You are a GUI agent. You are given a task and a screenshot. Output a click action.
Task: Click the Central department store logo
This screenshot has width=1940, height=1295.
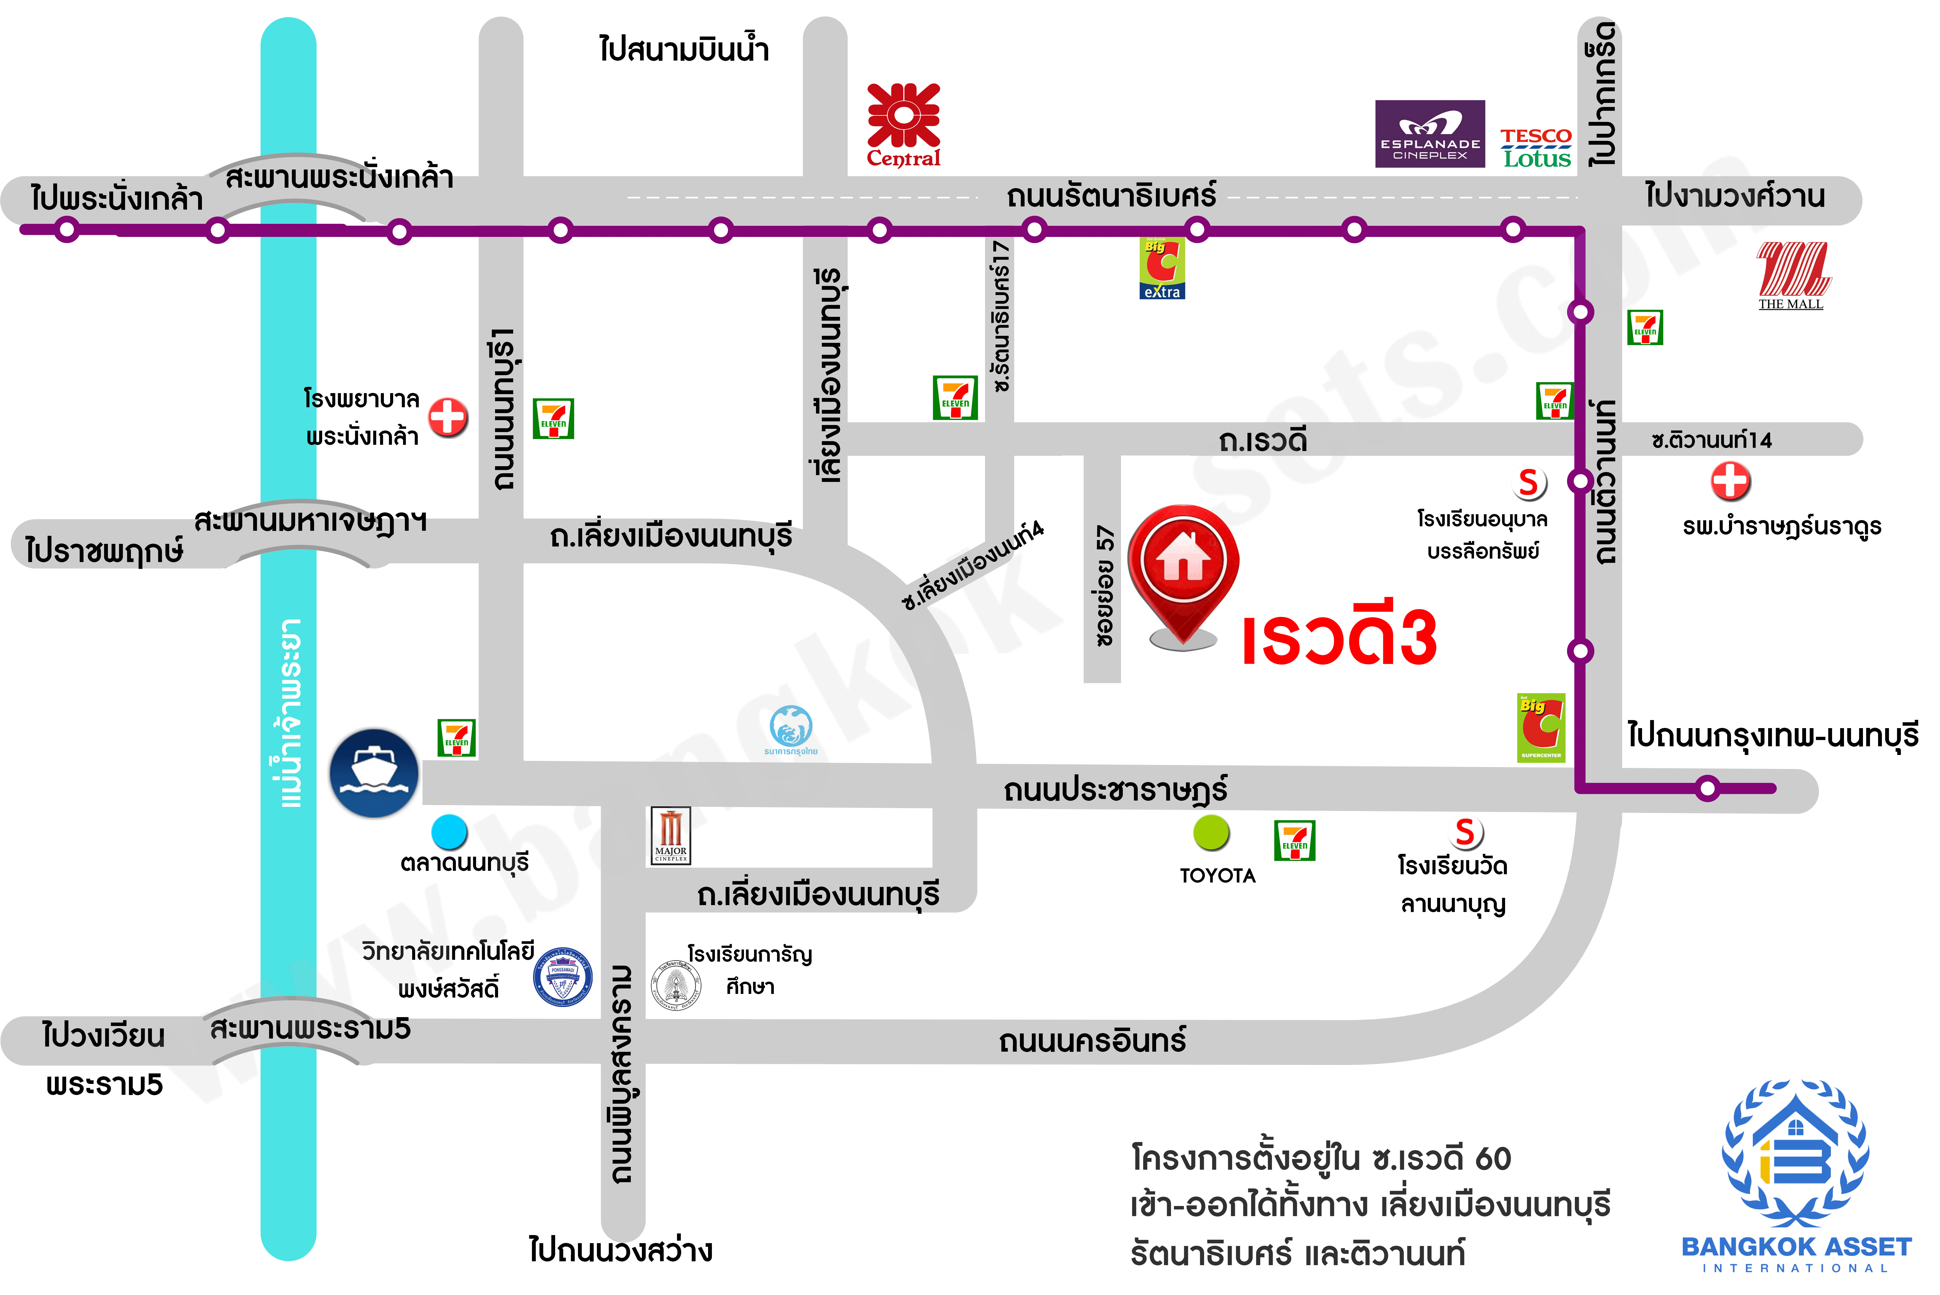tap(903, 124)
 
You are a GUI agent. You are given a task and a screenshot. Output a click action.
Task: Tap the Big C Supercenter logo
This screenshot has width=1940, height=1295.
tap(1540, 727)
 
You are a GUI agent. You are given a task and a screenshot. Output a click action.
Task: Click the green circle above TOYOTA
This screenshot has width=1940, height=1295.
tap(1211, 832)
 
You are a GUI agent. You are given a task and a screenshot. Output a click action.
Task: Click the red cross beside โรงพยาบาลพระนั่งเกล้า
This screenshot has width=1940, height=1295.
tap(448, 417)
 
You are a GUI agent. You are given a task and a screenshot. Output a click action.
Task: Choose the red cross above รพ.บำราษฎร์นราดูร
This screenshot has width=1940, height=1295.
tap(1730, 481)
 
